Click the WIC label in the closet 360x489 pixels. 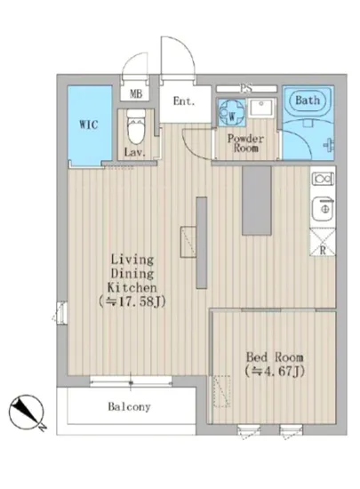tap(89, 124)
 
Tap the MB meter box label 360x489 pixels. tap(136, 93)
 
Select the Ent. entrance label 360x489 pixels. tap(184, 101)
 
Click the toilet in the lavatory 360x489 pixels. tap(136, 126)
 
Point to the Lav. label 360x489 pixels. tap(135, 153)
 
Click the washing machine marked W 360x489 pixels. tap(232, 112)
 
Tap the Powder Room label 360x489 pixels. tap(245, 143)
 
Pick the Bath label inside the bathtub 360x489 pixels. tap(308, 100)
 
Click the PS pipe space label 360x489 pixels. tap(246, 89)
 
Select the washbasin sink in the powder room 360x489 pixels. tap(261, 108)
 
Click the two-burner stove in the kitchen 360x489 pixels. tap(323, 179)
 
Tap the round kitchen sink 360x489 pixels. tap(324, 209)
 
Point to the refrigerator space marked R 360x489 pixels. tap(323, 242)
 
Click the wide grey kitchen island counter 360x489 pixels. tap(257, 201)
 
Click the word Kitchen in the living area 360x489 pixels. tap(132, 287)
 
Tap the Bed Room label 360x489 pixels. tap(275, 357)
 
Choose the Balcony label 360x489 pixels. tap(130, 406)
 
